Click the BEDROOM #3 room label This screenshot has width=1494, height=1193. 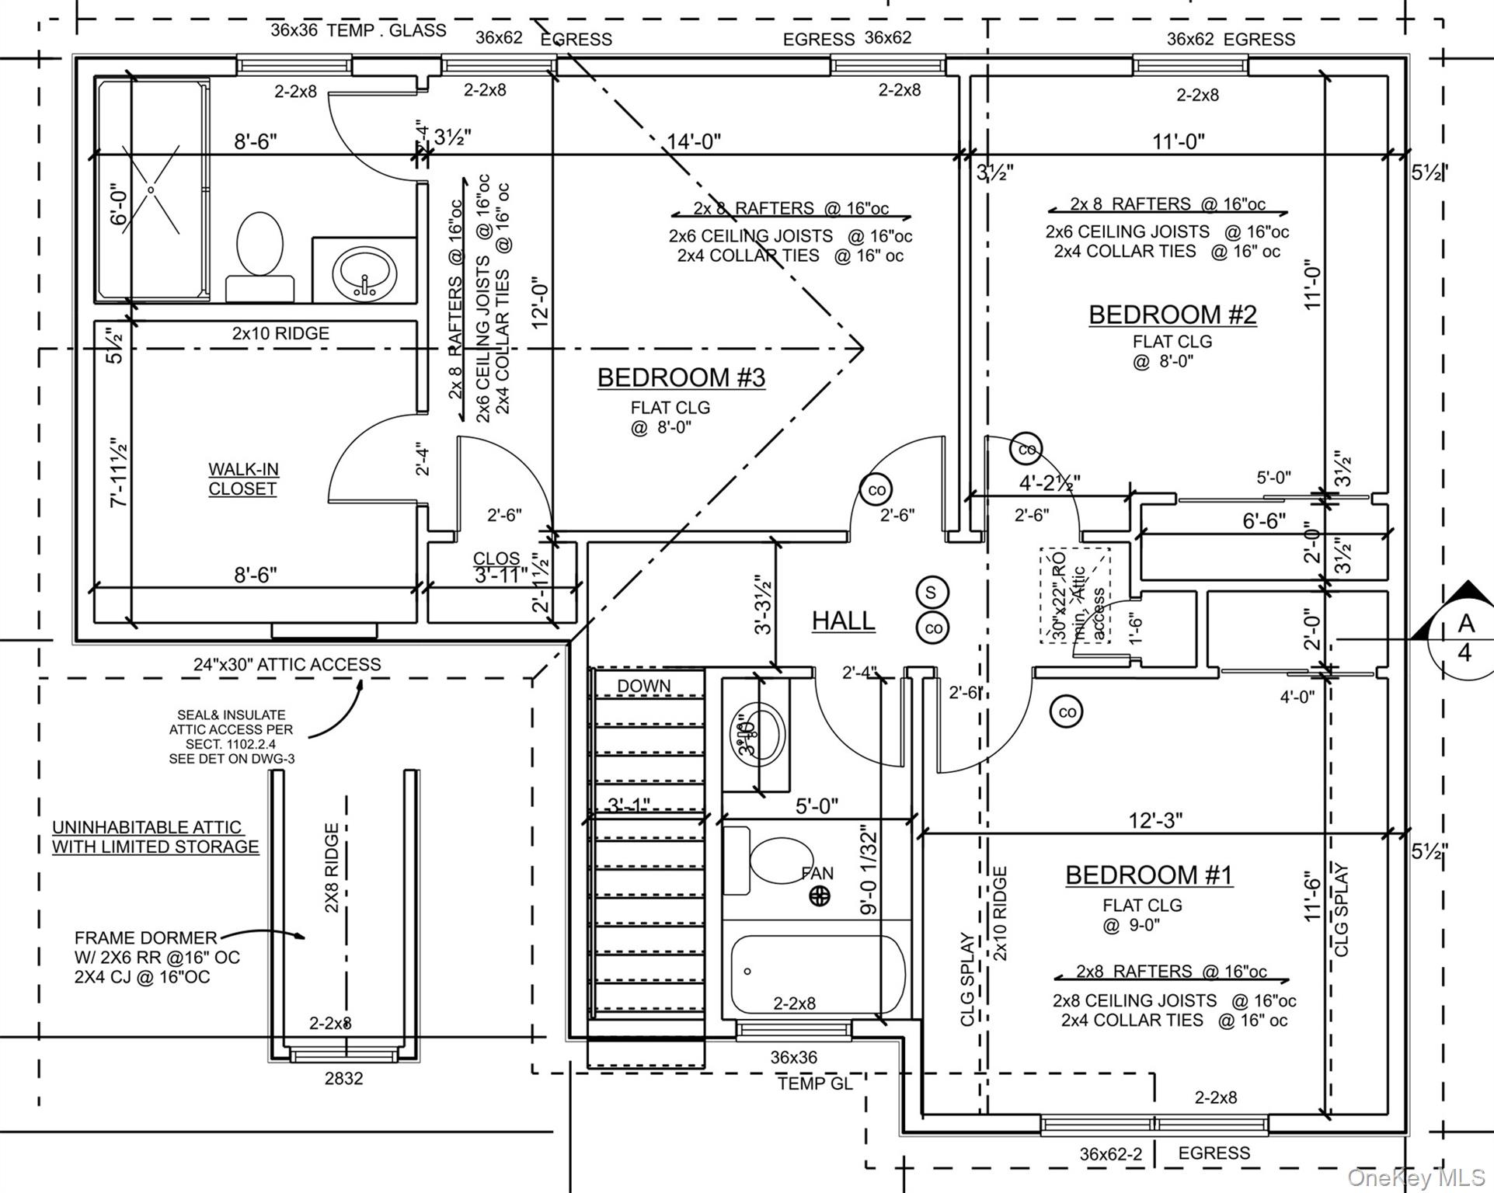[x=681, y=377]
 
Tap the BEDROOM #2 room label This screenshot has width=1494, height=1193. [x=1172, y=315]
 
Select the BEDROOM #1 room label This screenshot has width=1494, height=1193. [x=1148, y=875]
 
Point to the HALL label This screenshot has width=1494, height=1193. [x=843, y=621]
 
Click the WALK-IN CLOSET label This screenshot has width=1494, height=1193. [x=243, y=479]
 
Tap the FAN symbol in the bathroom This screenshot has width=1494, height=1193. [x=820, y=896]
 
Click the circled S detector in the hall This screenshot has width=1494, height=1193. [x=931, y=593]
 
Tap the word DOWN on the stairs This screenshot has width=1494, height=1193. [x=643, y=686]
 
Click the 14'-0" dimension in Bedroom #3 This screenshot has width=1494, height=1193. [x=694, y=141]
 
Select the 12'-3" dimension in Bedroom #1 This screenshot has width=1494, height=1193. [x=1155, y=820]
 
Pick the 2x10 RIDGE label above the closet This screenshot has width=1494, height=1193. [x=280, y=333]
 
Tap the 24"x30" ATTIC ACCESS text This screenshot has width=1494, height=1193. [x=287, y=665]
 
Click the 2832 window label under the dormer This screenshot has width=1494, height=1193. [x=343, y=1078]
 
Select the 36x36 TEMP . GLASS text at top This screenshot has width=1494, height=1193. [x=358, y=30]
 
